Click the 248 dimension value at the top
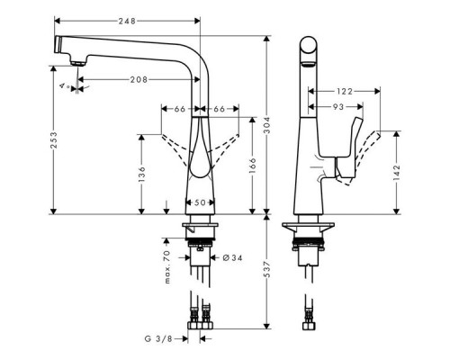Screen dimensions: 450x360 click(127, 21)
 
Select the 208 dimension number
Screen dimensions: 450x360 click(139, 79)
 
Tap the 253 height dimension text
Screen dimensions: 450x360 click(54, 140)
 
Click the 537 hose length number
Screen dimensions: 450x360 click(267, 269)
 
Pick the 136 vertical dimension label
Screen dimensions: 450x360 click(141, 175)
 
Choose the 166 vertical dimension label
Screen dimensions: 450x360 click(253, 166)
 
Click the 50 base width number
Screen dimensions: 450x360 click(200, 202)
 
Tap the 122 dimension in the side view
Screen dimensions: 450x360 click(344, 91)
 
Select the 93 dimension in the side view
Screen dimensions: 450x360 click(338, 106)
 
